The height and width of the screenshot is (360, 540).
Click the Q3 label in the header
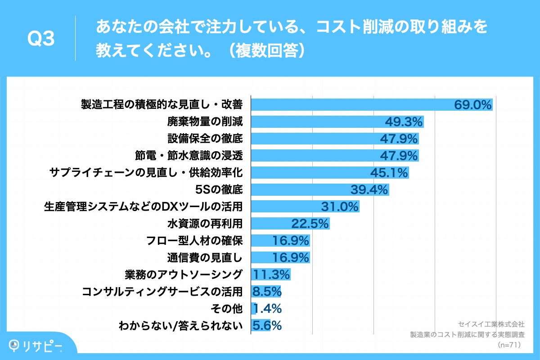point(41,39)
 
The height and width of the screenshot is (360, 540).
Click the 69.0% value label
point(472,105)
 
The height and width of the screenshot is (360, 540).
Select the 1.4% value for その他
point(268,309)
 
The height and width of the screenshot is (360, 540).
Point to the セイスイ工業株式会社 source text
point(491,324)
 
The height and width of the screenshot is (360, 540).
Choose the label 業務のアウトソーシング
point(184,274)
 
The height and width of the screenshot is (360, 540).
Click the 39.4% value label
point(369,190)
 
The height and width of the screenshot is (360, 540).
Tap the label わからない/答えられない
point(180,325)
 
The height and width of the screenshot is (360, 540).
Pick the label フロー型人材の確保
point(195,240)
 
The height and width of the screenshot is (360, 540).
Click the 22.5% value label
point(310,224)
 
